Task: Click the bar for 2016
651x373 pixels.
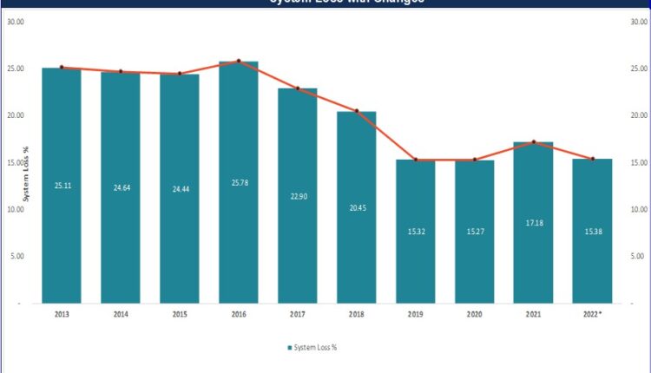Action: [x=238, y=182]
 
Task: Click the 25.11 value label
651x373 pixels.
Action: [x=61, y=185]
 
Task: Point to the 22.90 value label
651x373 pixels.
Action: [x=297, y=196]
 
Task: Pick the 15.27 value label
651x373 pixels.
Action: [x=474, y=232]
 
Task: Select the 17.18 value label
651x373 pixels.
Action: [x=533, y=223]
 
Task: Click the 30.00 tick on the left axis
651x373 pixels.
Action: [x=16, y=21]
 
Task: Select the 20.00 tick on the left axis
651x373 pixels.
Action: [x=16, y=115]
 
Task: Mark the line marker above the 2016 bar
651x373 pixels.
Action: [x=238, y=61]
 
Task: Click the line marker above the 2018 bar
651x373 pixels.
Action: [x=356, y=111]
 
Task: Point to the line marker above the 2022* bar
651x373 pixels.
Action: [x=593, y=159]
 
